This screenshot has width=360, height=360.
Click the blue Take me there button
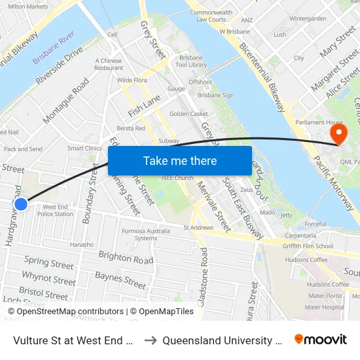(180, 160)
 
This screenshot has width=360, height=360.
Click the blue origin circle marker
(21, 204)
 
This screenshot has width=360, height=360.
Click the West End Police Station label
(55, 210)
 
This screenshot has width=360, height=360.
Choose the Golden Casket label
(189, 114)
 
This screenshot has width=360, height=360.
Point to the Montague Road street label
(65, 101)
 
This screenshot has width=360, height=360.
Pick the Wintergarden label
(308, 19)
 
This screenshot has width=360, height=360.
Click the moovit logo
(321, 339)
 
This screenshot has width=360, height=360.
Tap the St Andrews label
(198, 228)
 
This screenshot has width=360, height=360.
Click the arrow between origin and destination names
(149, 340)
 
